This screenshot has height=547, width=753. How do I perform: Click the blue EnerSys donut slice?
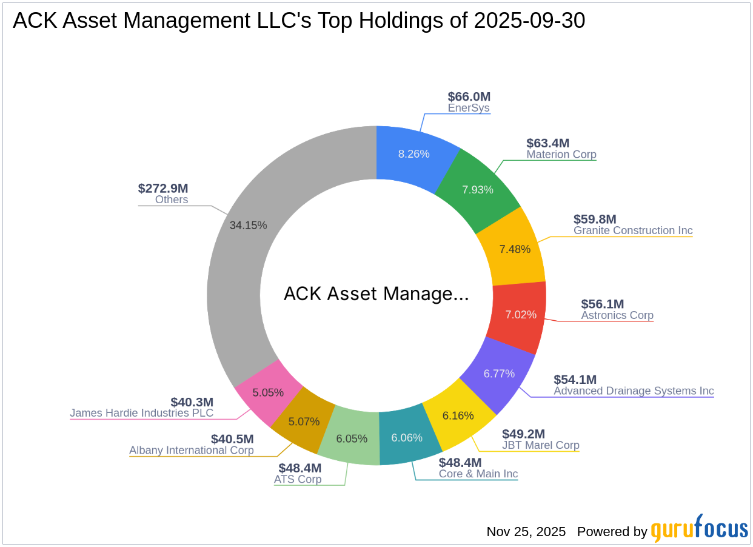point(415,154)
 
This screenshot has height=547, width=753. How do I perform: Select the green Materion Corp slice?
point(478,189)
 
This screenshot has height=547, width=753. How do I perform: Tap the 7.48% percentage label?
point(515,249)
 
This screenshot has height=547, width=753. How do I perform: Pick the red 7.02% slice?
point(521,315)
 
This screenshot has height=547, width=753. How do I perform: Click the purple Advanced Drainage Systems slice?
point(499,374)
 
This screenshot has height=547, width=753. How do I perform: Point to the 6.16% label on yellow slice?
point(458,416)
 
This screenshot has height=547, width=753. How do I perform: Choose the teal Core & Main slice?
point(407,438)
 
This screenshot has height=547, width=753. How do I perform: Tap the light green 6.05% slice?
point(352,438)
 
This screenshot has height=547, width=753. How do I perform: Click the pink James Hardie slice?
point(269,392)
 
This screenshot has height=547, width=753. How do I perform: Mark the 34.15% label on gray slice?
point(248,225)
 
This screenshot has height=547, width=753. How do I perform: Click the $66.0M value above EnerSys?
point(469,96)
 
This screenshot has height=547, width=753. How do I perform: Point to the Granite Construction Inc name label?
point(633,230)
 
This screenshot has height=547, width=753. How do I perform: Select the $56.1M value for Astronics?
point(602,304)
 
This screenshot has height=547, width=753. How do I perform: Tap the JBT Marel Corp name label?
point(540,445)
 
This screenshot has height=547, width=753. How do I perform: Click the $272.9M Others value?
point(163,188)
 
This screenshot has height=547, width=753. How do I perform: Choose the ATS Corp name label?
point(297,479)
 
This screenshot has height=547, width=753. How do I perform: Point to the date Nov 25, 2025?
point(526,532)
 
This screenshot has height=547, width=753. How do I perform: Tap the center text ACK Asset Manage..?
point(376,294)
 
